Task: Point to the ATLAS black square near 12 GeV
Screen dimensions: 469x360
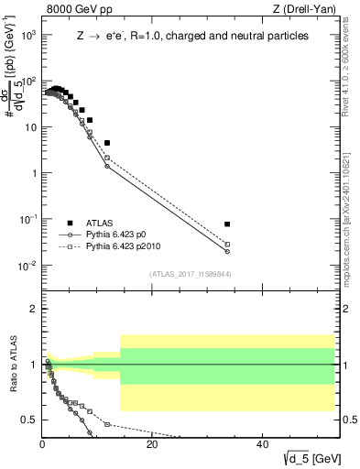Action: [107, 143]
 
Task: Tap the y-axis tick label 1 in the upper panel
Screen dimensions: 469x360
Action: [33, 173]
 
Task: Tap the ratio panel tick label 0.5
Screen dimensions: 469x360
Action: [29, 420]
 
